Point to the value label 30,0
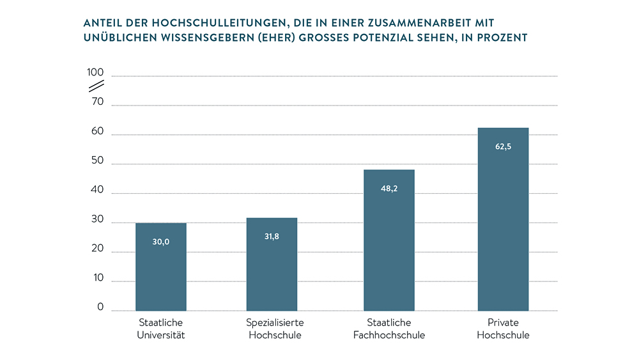161,242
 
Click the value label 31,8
272,236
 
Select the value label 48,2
389,187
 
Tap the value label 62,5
503,146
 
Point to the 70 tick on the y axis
97,101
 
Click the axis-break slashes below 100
96,86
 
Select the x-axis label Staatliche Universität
161,329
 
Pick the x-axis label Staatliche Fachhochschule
389,329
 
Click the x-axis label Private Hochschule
503,329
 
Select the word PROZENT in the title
504,38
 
